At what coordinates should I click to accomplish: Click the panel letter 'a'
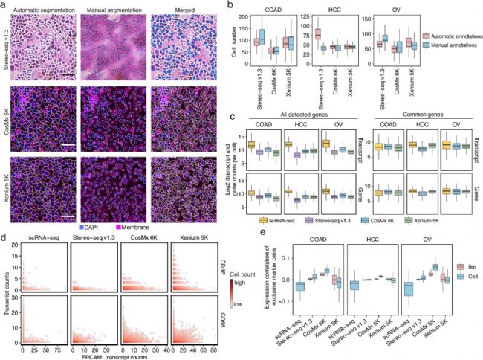[x=4, y=4]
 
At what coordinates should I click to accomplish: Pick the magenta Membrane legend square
[x=114, y=224]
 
